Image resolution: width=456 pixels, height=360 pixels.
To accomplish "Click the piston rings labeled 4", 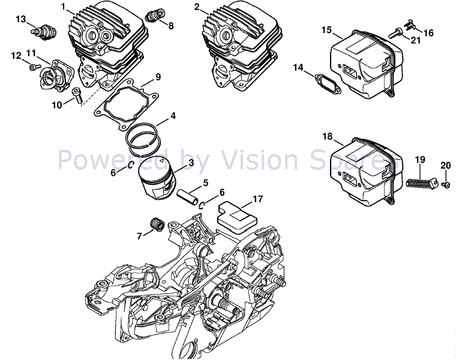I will pos(146,136).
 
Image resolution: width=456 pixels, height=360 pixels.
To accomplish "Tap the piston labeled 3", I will pos(158,176).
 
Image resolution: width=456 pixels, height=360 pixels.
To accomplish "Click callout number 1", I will pos(63,7).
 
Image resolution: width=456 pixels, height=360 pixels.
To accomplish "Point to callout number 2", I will pos(197,7).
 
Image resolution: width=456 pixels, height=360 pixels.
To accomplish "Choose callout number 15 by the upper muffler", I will pos(326,29).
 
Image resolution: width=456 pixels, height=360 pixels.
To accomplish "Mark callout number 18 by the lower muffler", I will pos(327,137).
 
